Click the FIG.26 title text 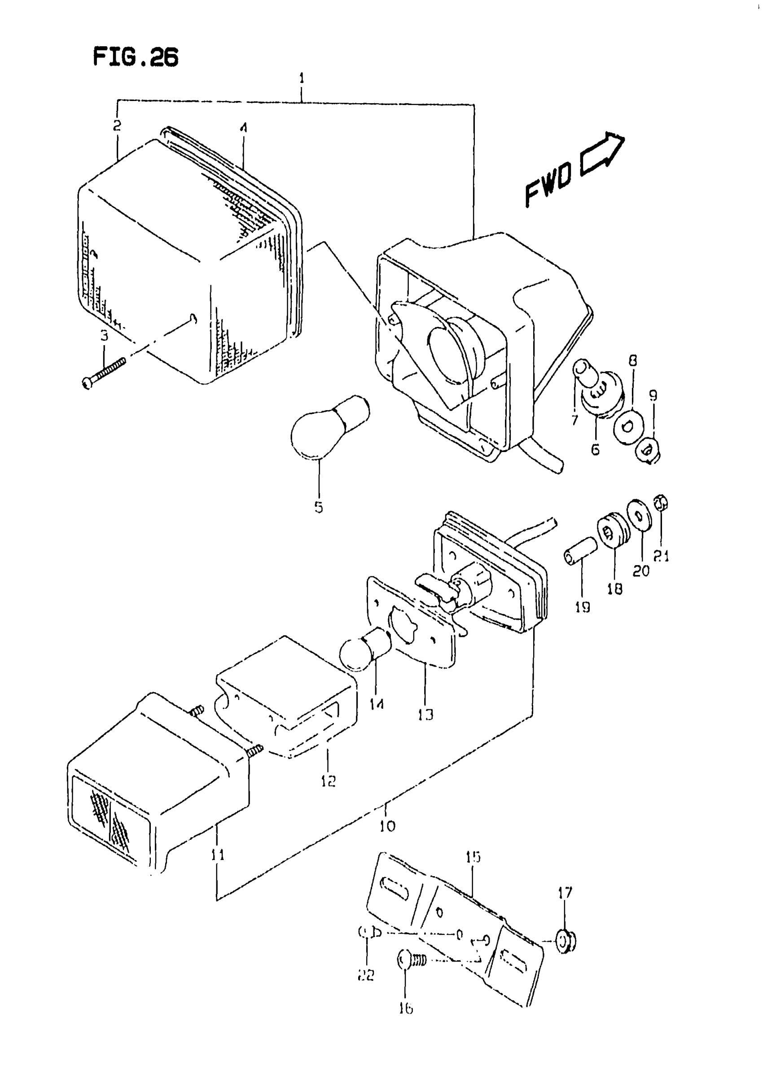pos(136,57)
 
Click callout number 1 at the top pos(302,79)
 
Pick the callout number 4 pos(243,127)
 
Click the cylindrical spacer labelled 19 pos(580,550)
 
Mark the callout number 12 pos(329,781)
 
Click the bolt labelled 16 pos(412,960)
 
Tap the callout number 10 pos(387,826)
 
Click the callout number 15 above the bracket pos(473,857)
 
